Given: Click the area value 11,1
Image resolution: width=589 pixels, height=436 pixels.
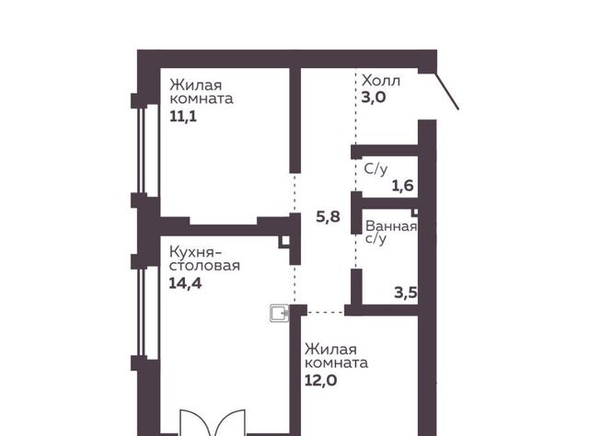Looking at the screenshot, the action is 183,117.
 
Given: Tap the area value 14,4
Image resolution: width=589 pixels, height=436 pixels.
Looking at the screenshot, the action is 185,282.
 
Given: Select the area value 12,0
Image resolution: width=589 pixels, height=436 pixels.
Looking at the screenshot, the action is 320,381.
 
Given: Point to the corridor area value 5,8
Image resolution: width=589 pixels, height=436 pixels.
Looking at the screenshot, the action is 328,217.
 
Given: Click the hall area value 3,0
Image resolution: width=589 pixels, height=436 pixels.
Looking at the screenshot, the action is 374,98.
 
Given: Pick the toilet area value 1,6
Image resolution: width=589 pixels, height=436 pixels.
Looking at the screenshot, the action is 403,186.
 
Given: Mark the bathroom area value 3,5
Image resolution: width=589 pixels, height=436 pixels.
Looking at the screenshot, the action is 406,293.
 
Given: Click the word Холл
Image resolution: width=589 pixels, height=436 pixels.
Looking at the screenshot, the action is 381,81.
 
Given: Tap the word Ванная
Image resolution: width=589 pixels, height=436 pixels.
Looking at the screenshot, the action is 391,226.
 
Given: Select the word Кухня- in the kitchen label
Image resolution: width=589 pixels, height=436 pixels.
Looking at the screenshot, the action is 195,251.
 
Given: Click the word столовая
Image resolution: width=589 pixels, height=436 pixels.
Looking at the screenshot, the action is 204,266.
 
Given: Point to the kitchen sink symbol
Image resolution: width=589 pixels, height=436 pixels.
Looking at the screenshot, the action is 280,313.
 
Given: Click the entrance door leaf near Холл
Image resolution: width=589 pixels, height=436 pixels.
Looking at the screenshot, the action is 447,90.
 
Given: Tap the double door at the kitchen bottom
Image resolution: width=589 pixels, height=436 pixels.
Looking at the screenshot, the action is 213,422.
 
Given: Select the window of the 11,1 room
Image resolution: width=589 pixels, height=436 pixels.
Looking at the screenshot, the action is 143,150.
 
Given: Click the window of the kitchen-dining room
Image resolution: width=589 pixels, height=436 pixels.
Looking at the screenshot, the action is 143,312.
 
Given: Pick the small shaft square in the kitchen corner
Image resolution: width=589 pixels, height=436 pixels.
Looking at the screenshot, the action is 284,241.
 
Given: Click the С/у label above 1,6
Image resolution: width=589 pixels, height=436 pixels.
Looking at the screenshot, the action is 375,169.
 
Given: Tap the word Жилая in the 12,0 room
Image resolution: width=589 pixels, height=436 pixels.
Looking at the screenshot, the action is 330,350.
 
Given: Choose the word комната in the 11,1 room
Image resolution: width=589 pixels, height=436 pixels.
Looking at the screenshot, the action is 202,98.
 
